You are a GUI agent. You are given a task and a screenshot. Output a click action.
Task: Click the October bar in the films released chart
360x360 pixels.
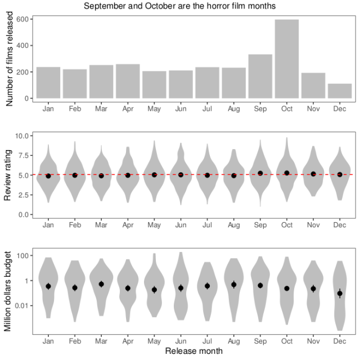point(287,59)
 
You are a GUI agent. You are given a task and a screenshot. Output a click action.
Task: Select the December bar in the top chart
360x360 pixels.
point(340,91)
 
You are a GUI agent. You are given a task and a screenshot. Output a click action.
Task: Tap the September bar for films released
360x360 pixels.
point(260,76)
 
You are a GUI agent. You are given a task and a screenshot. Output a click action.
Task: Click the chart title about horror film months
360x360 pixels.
point(180,6)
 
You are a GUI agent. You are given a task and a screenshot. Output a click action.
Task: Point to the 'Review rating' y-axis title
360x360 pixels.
point(8,175)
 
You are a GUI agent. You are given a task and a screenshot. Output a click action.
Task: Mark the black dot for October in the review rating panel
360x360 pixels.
point(287,173)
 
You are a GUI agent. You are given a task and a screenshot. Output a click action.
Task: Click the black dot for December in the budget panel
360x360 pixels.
point(340,294)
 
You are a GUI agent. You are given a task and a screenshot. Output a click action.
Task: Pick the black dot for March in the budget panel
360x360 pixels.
point(101,284)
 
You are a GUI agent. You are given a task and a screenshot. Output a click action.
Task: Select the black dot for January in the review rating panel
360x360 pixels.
point(48,176)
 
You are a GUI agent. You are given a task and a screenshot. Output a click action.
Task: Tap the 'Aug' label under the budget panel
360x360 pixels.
point(234,342)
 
